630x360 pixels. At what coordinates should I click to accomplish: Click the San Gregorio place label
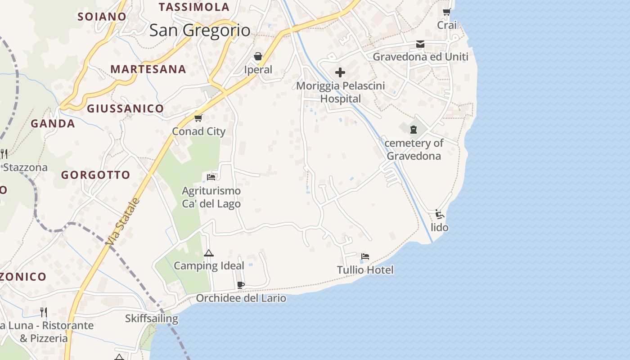[200, 30]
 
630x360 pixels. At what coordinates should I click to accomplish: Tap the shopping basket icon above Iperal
[258, 56]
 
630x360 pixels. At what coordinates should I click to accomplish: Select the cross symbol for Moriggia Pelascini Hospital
[340, 72]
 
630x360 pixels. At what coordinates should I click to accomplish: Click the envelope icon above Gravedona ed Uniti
[420, 44]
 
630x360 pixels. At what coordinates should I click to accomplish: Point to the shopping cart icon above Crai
[446, 12]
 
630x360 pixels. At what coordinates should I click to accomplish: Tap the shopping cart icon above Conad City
[198, 118]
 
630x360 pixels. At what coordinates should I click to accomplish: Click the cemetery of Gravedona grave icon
[413, 130]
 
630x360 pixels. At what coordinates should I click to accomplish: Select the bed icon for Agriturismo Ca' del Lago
[211, 177]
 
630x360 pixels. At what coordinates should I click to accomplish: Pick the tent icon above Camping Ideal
[208, 253]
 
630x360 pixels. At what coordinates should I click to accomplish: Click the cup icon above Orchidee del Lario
[241, 285]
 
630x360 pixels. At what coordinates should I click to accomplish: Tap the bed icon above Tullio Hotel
[365, 256]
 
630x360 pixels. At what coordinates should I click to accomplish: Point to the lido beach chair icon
[440, 214]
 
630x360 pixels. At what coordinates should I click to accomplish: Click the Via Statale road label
[123, 222]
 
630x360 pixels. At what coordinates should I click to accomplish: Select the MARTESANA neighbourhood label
[148, 69]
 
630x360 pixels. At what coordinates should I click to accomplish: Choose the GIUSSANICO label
[125, 108]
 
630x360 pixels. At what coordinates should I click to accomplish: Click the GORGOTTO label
[95, 175]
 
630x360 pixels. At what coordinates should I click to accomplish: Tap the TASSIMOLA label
[194, 7]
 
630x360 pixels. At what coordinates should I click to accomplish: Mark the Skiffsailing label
[152, 319]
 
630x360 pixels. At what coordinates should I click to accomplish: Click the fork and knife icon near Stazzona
[4, 154]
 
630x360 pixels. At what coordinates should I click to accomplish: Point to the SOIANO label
[102, 17]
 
